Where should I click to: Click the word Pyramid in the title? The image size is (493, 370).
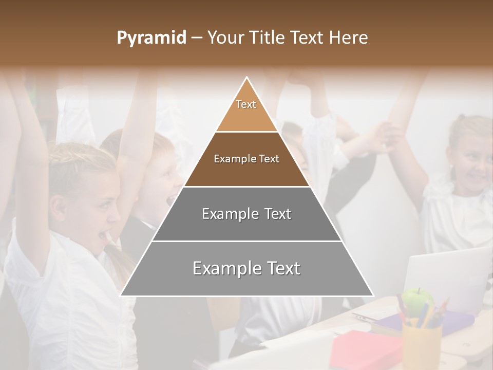[151, 38]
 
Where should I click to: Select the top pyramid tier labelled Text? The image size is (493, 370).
[246, 110]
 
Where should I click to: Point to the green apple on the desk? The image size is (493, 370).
[417, 299]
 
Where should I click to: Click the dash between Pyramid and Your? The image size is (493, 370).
[197, 38]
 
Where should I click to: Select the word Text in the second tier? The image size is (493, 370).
[269, 159]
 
